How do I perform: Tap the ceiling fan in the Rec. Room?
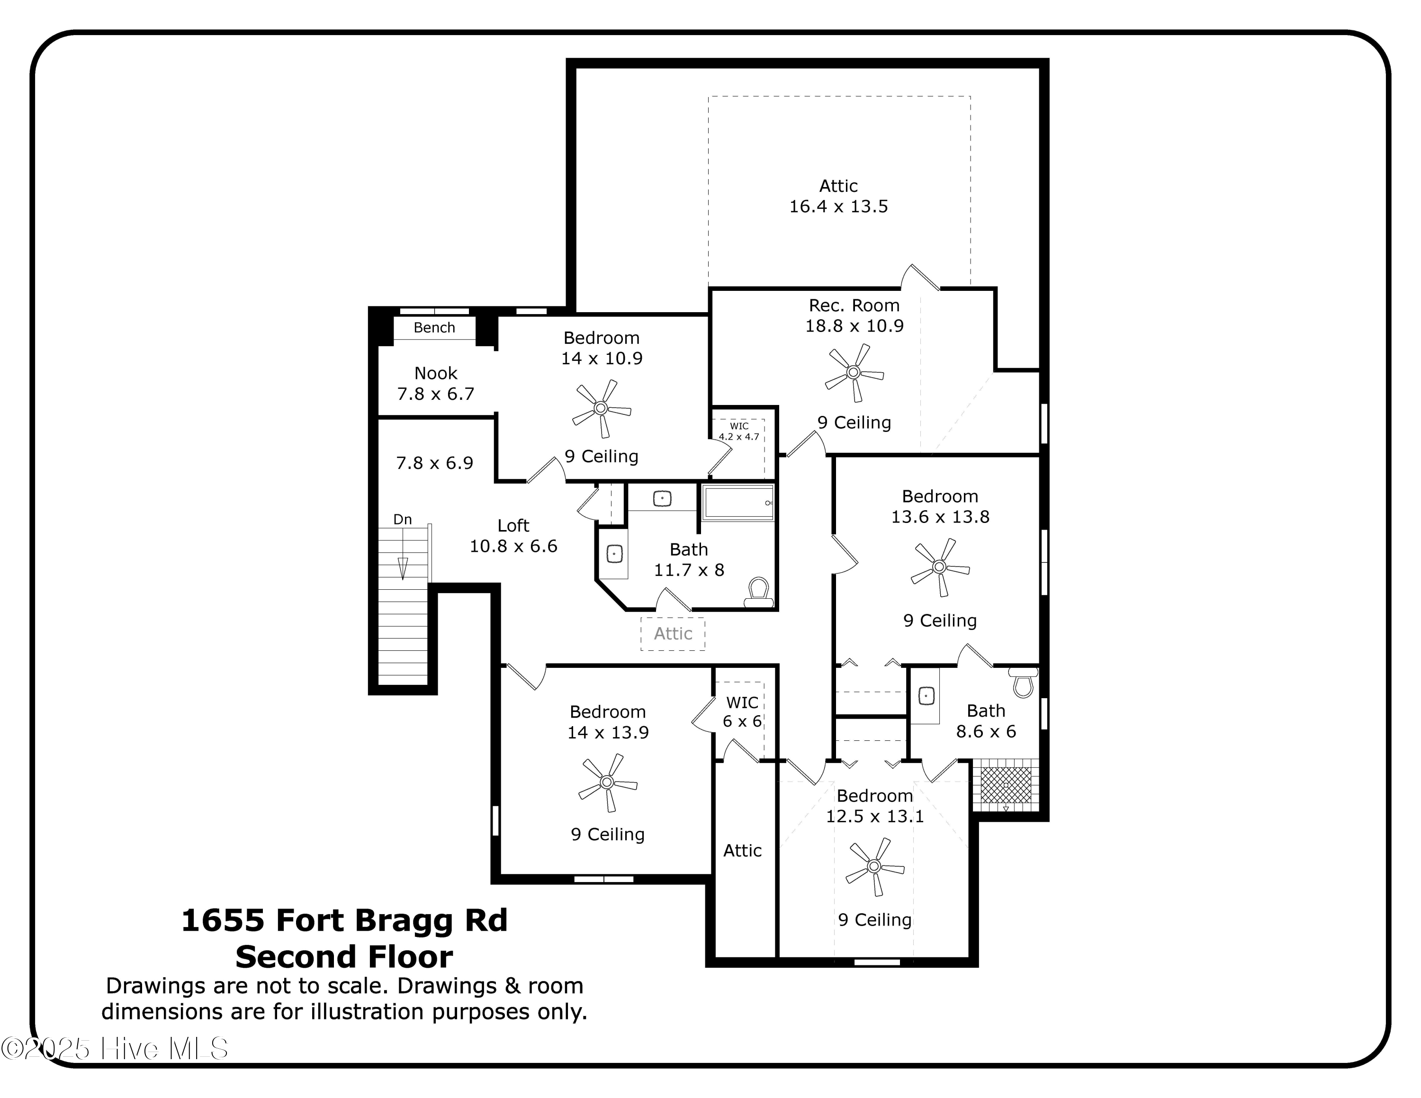(854, 373)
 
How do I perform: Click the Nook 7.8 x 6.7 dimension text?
(435, 384)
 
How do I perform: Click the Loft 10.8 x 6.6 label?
(513, 535)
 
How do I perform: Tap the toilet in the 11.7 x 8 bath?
(758, 593)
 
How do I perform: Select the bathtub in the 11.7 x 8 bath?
(738, 502)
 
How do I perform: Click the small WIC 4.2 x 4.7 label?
(738, 431)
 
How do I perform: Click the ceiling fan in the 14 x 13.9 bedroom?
(607, 782)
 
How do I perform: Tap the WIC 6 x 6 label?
(742, 711)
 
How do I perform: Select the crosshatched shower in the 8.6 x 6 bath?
(1006, 785)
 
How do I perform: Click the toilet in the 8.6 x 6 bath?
(1024, 682)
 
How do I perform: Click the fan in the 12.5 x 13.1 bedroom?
(874, 866)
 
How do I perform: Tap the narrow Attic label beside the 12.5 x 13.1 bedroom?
(742, 851)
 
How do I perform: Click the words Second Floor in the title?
(344, 957)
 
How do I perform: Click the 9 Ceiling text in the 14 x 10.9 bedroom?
(601, 457)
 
